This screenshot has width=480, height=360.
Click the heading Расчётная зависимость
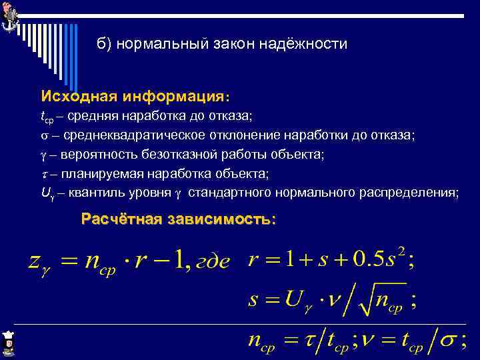pyautogui.click(x=178, y=219)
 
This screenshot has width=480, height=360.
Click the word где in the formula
pyautogui.click(x=211, y=262)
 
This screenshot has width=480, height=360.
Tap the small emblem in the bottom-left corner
pyautogui.click(x=9, y=343)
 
